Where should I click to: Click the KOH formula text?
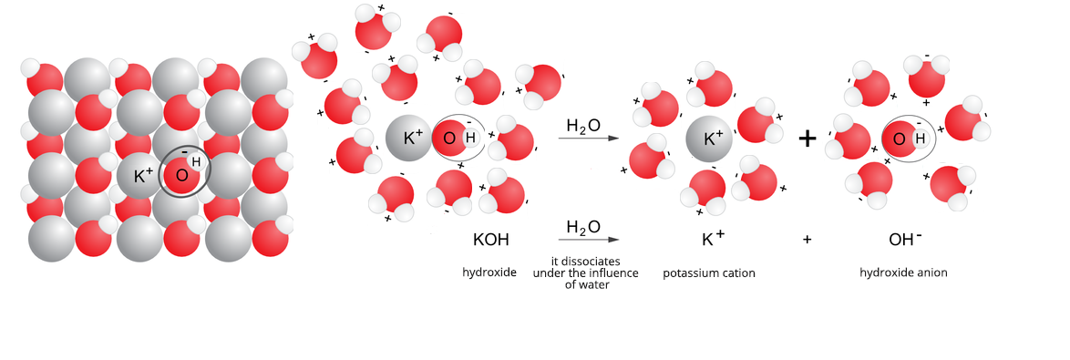pyautogui.click(x=490, y=241)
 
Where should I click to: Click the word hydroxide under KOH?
pyautogui.click(x=489, y=273)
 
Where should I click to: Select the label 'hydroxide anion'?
pyautogui.click(x=903, y=273)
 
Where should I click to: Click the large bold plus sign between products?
pyautogui.click(x=808, y=139)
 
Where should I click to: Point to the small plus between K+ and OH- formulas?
pyautogui.click(x=807, y=241)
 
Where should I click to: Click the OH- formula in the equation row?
pyautogui.click(x=905, y=240)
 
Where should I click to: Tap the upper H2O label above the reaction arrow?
pyautogui.click(x=583, y=126)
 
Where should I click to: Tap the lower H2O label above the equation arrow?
pyautogui.click(x=583, y=227)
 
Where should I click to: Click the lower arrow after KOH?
pyautogui.click(x=588, y=240)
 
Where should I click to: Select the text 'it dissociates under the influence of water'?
pyautogui.click(x=587, y=273)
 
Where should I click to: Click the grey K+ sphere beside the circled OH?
pyautogui.click(x=409, y=139)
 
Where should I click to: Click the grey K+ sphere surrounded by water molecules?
pyautogui.click(x=712, y=139)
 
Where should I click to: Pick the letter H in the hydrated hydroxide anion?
pyautogui.click(x=920, y=139)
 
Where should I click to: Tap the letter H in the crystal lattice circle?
pyautogui.click(x=196, y=162)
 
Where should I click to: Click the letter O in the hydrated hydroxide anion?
pyautogui.click(x=899, y=139)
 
